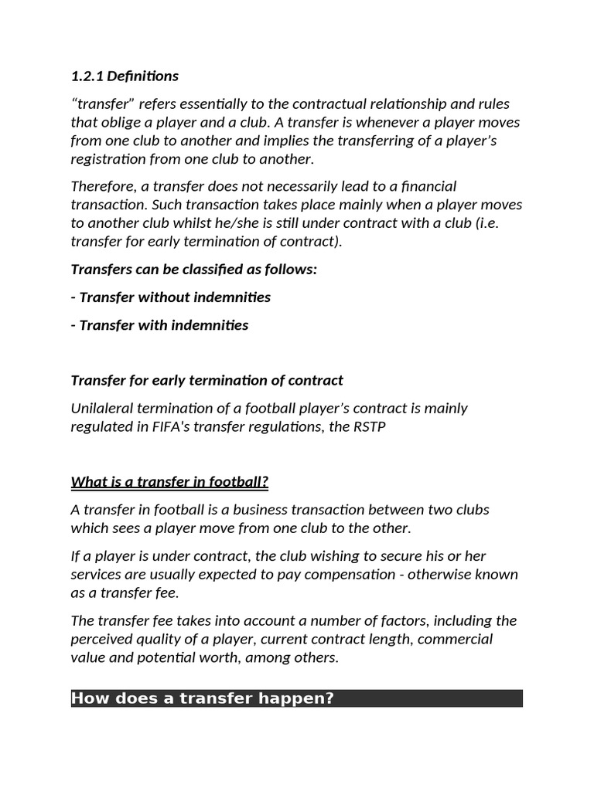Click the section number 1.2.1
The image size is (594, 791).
click(87, 76)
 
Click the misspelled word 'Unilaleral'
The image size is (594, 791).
click(102, 408)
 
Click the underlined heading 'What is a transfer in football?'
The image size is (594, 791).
click(169, 483)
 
